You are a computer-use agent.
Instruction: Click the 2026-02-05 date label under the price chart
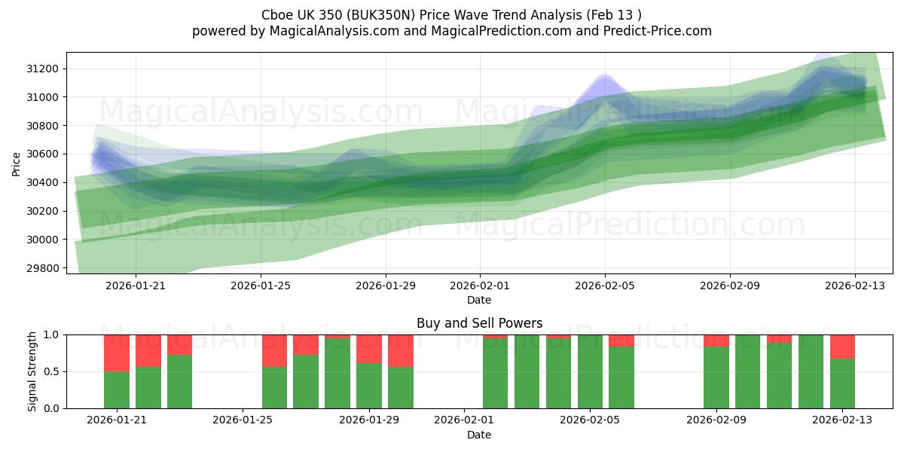click(605, 286)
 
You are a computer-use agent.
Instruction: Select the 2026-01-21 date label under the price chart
click(136, 286)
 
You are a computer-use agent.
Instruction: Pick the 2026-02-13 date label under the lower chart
click(842, 420)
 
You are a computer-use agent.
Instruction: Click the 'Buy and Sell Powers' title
click(479, 323)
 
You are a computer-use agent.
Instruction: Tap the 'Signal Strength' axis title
click(32, 371)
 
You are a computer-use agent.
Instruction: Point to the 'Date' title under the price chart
click(479, 300)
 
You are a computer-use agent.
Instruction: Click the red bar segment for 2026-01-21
click(117, 353)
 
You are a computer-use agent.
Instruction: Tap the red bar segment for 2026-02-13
click(842, 347)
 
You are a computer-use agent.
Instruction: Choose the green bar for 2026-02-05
click(590, 371)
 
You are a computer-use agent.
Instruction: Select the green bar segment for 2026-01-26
click(274, 387)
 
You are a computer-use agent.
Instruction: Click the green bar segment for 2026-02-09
click(716, 377)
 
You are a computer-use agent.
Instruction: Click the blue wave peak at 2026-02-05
click(604, 78)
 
